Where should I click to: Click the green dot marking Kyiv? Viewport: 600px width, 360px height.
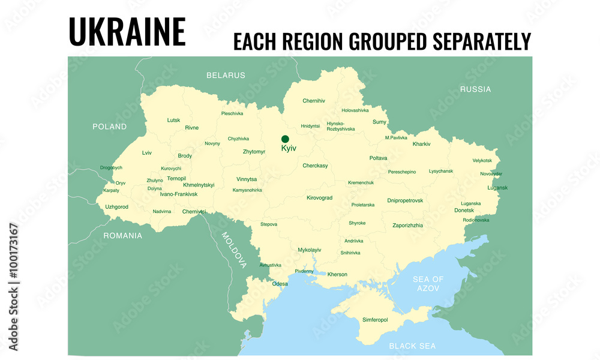pyautogui.click(x=285, y=139)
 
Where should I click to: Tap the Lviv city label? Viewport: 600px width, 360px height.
pyautogui.click(x=147, y=153)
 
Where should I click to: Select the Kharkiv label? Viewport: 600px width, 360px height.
pyautogui.click(x=421, y=144)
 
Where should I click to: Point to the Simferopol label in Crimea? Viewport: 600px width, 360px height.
pyautogui.click(x=375, y=320)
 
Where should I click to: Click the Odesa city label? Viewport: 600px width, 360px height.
pyautogui.click(x=280, y=284)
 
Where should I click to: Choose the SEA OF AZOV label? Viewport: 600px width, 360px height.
pyautogui.click(x=428, y=284)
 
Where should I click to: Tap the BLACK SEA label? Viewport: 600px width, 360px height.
pyautogui.click(x=412, y=346)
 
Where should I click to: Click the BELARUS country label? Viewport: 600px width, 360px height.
pyautogui.click(x=226, y=76)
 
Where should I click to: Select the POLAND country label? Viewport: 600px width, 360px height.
pyautogui.click(x=109, y=127)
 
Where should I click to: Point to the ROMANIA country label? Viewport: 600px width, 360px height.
pyautogui.click(x=122, y=236)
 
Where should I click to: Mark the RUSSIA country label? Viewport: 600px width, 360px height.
pyautogui.click(x=475, y=89)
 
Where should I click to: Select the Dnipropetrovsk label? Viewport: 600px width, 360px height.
pyautogui.click(x=405, y=200)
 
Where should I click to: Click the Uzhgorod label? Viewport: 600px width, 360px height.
pyautogui.click(x=116, y=207)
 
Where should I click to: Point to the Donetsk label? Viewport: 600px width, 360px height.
pyautogui.click(x=464, y=211)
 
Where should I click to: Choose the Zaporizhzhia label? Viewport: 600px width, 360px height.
pyautogui.click(x=407, y=226)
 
